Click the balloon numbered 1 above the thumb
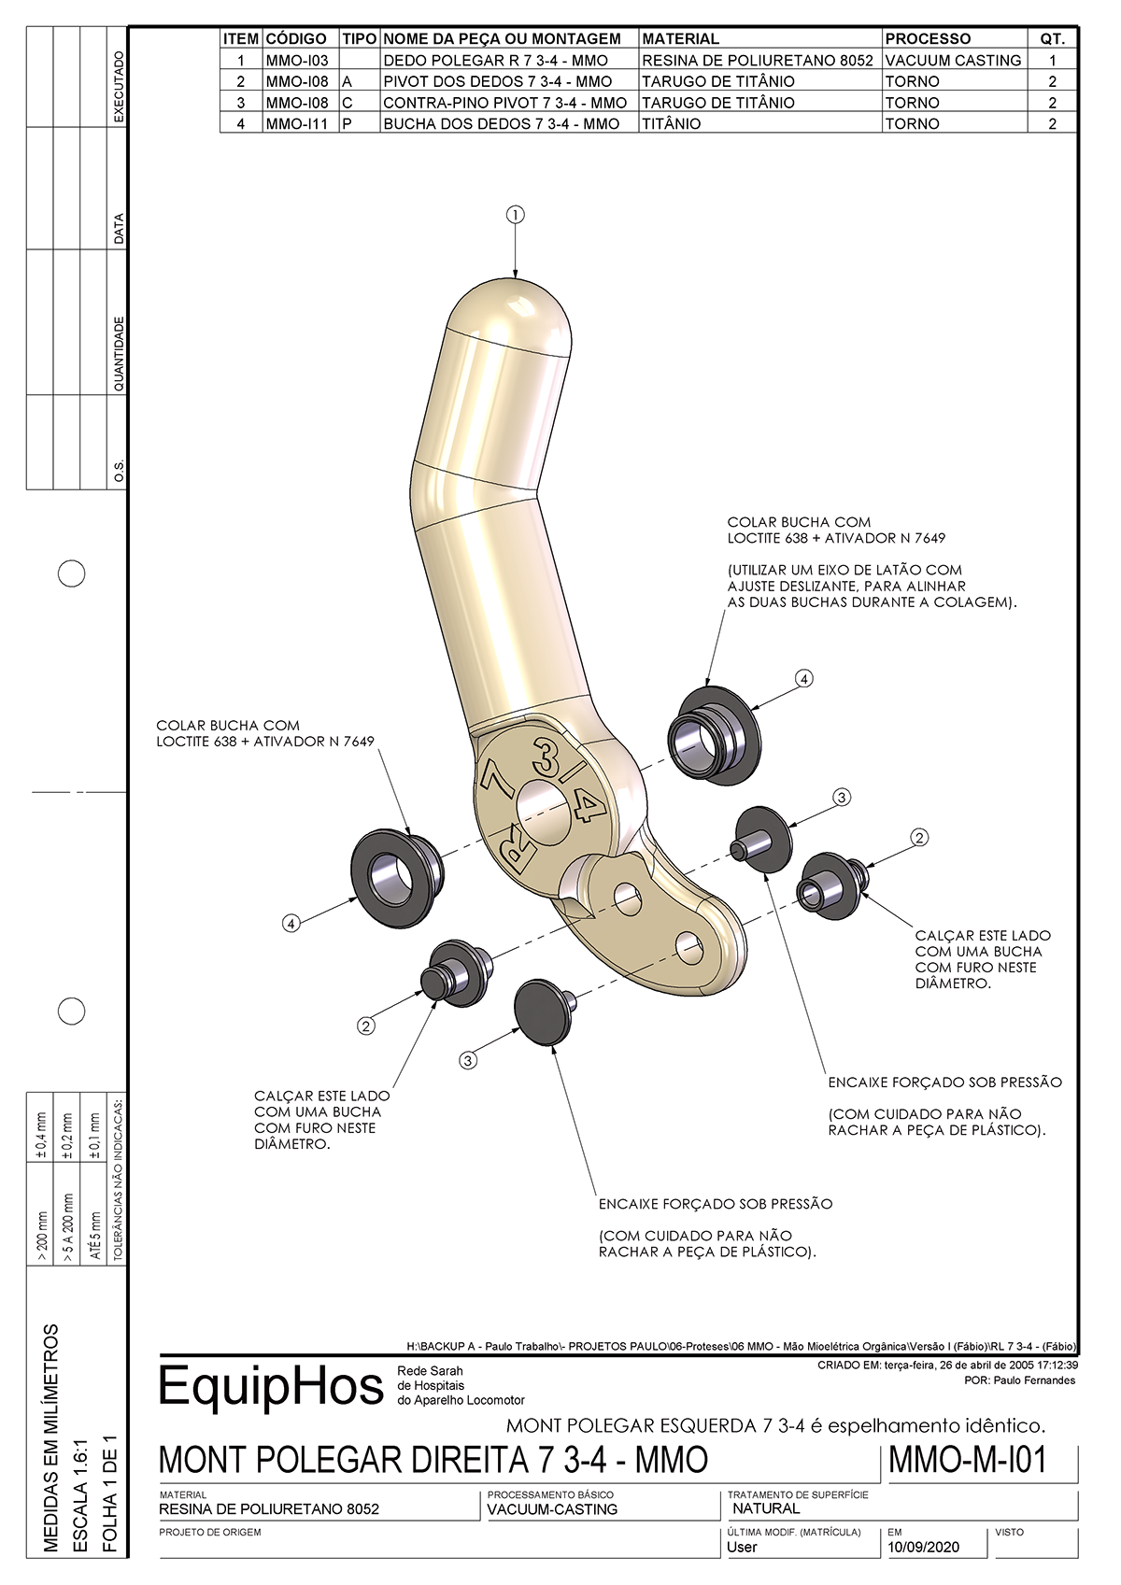click(x=515, y=215)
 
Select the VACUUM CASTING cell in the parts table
click(x=953, y=61)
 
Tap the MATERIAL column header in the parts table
click(x=680, y=39)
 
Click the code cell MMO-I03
click(x=297, y=61)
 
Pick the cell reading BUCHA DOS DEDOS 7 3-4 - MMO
click(x=501, y=123)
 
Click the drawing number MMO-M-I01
click(x=968, y=1460)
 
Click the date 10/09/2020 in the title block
click(x=923, y=1547)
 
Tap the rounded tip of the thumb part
click(x=512, y=308)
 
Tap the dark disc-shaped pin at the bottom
click(x=543, y=1012)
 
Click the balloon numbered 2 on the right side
click(x=919, y=838)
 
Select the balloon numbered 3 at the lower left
click(x=468, y=1060)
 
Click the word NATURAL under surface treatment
click(x=766, y=1508)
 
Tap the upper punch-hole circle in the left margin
click(x=72, y=573)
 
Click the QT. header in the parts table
click(x=1052, y=39)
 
